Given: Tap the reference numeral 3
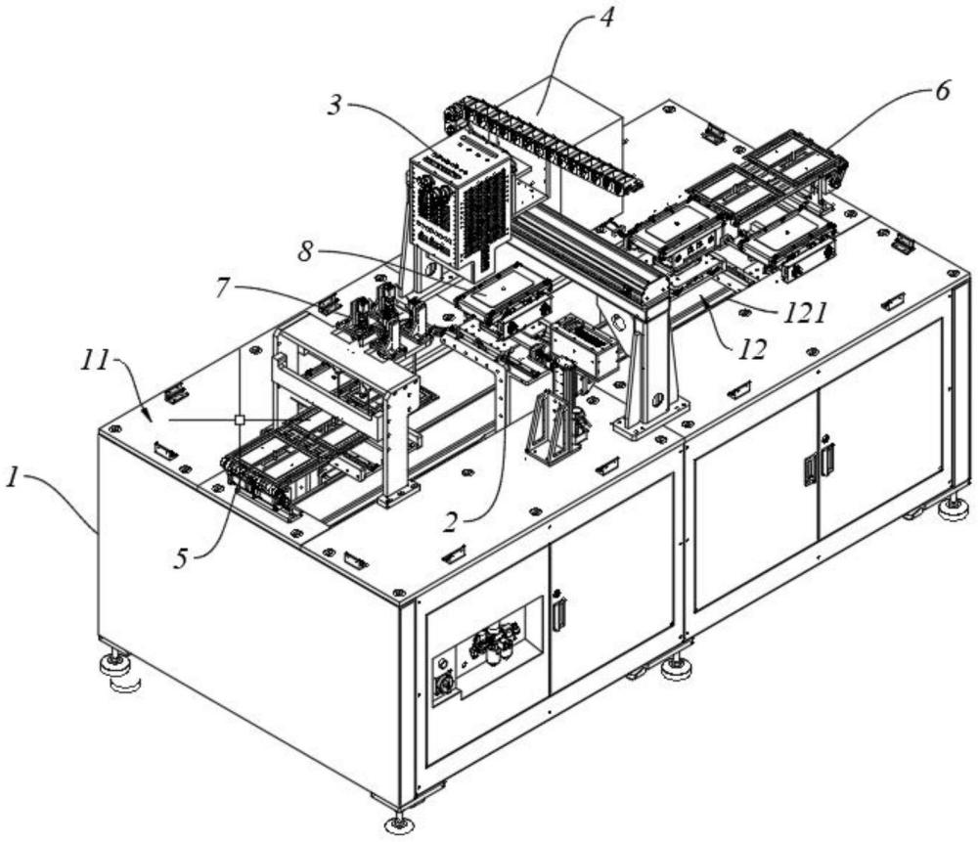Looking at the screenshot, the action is (335, 106).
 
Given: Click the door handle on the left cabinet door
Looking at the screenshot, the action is (559, 613).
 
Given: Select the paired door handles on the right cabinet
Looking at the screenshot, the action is (817, 465).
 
